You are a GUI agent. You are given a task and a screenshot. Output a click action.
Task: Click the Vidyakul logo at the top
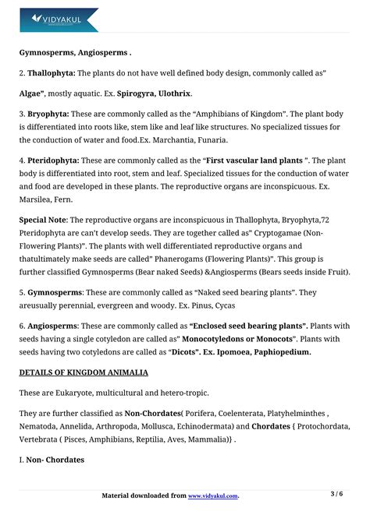click(x=59, y=18)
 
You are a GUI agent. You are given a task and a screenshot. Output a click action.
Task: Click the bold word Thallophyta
click(x=51, y=72)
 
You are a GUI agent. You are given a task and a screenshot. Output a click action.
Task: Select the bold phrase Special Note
click(x=43, y=220)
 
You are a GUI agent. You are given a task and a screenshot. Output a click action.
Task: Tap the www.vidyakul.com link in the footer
click(x=213, y=496)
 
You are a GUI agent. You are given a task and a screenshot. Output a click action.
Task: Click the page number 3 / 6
click(x=336, y=494)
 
